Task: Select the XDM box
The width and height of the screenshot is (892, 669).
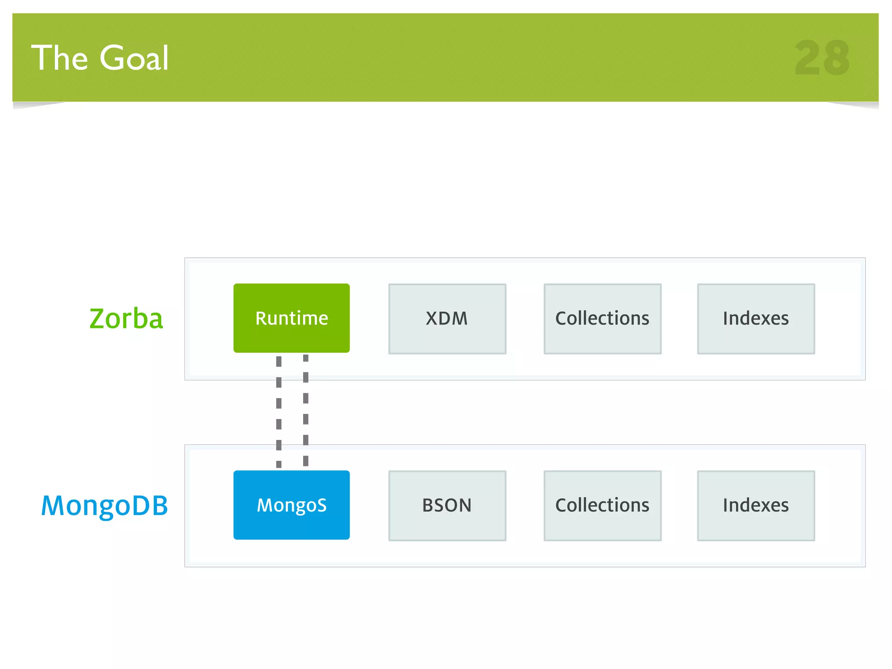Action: point(447,318)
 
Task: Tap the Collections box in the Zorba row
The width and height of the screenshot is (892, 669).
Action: point(602,318)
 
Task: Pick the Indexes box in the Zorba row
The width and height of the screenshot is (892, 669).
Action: point(756,318)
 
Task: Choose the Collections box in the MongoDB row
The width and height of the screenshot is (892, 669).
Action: point(602,505)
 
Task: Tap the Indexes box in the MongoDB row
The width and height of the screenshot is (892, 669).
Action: point(756,505)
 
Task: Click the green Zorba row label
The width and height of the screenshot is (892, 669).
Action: point(126,318)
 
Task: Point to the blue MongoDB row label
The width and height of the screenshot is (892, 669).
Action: point(105,505)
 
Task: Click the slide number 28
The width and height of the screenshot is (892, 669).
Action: point(822,58)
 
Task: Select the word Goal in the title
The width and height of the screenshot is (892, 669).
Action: point(134,58)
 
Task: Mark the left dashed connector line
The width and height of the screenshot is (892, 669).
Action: point(279,412)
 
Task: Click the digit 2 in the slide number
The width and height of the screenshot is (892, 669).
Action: point(808,58)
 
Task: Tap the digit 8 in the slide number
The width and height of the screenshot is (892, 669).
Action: point(836,58)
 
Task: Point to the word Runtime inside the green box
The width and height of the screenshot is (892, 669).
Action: point(291,318)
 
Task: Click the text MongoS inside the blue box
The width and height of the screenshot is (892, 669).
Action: point(291,505)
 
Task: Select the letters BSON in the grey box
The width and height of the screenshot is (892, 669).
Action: point(447,505)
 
